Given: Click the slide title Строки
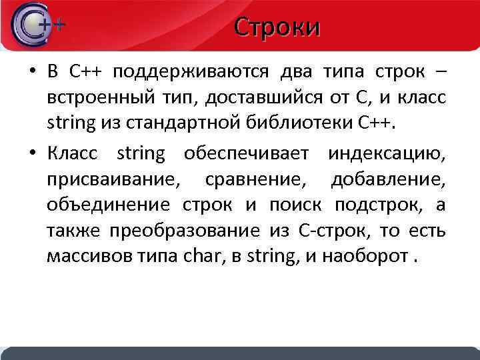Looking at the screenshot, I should click(x=277, y=27).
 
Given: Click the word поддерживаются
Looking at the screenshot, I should click(x=191, y=72).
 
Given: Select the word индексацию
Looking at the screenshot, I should click(x=387, y=154).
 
